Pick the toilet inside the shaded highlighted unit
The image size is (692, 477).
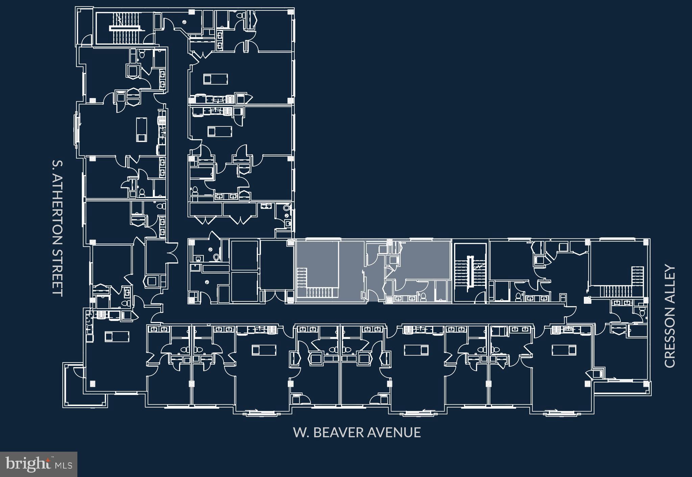423,298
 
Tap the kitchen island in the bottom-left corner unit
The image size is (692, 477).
117,336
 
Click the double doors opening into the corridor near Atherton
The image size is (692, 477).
172,254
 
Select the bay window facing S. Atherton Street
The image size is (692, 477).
77,130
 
